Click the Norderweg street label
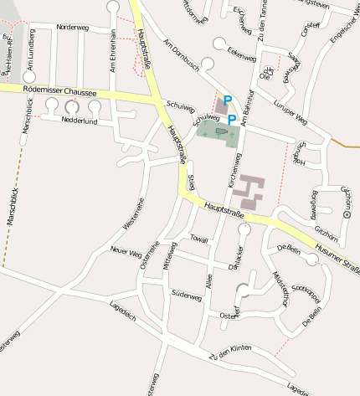[x=72, y=28]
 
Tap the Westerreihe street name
[x=134, y=213]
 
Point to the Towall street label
[x=199, y=239]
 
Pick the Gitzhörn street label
[x=326, y=228]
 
